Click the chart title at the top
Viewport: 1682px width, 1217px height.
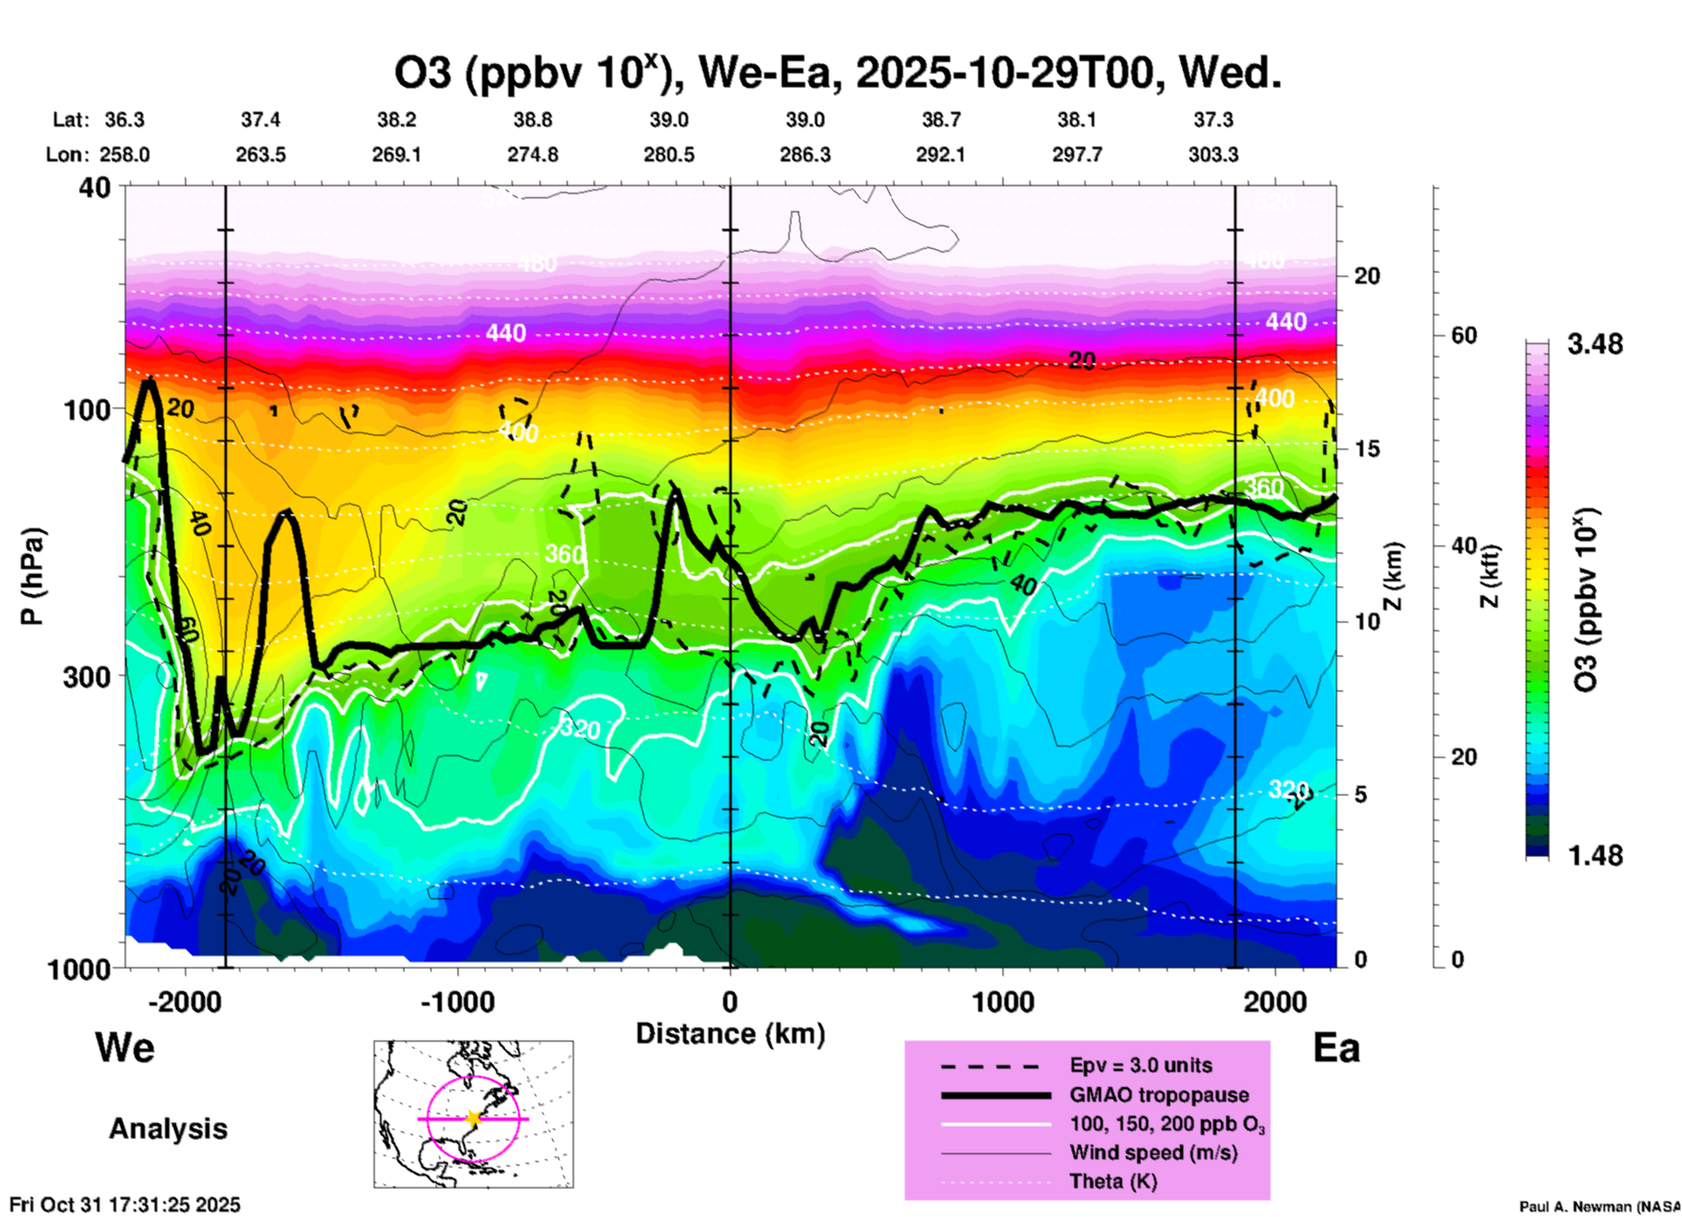click(x=838, y=73)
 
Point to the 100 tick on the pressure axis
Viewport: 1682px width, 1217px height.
click(x=87, y=409)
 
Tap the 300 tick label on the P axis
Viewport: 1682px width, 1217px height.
click(x=87, y=677)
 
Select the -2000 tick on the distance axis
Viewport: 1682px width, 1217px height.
click(x=185, y=1002)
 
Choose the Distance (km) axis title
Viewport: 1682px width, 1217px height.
click(x=730, y=1034)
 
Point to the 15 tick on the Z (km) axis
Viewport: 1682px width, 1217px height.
click(x=1367, y=449)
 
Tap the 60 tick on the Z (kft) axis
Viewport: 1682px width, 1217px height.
click(x=1464, y=335)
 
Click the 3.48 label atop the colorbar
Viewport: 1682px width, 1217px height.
click(x=1595, y=345)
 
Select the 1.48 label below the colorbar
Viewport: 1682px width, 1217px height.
click(x=1595, y=856)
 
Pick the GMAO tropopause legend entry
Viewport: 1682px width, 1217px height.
click(x=1159, y=1095)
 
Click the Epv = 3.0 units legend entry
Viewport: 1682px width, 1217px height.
click(x=1141, y=1065)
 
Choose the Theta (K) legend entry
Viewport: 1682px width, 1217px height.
click(x=1113, y=1181)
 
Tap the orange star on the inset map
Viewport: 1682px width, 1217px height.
click(x=473, y=1118)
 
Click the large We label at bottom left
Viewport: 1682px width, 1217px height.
click(x=125, y=1047)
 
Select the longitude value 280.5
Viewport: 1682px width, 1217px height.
click(x=669, y=155)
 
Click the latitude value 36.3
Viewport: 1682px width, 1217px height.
click(x=125, y=120)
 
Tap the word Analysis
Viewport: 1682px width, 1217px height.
click(x=168, y=1129)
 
